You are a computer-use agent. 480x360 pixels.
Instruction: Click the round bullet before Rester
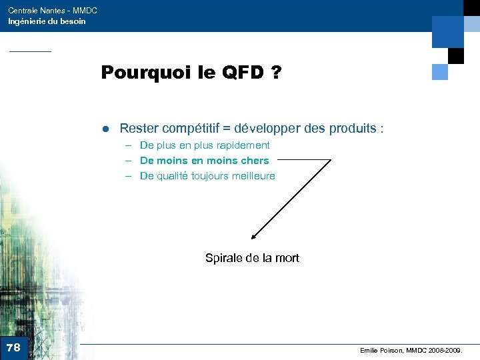click(x=105, y=128)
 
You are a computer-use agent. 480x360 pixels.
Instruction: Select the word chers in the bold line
click(x=255, y=161)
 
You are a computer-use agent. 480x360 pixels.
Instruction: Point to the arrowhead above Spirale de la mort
click(x=254, y=235)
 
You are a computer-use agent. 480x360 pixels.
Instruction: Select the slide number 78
click(x=13, y=347)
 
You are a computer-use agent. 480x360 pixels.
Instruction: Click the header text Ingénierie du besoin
click(x=47, y=21)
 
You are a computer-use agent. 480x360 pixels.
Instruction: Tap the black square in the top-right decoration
click(x=456, y=55)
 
